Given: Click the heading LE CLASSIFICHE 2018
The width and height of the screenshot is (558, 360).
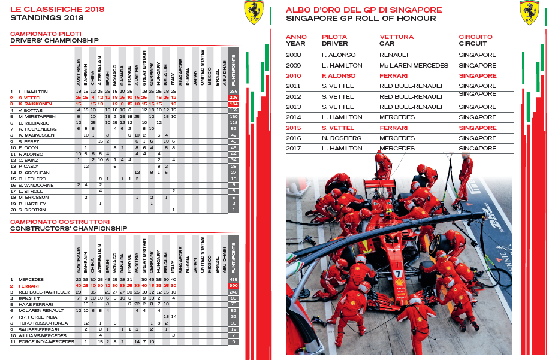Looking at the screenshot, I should click(57, 9).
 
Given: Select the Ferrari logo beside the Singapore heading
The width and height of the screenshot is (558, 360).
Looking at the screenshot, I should click(529, 13).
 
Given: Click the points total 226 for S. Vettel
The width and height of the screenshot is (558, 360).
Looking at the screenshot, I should click(233, 98).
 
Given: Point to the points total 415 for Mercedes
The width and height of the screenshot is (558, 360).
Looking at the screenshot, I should click(233, 280).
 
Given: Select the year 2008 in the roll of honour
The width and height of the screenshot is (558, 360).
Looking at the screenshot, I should click(294, 55).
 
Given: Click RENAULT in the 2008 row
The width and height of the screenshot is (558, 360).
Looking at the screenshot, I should click(394, 55).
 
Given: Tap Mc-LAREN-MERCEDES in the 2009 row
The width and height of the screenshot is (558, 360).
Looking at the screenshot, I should click(414, 65).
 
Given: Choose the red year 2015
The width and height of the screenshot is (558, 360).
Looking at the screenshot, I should click(294, 128).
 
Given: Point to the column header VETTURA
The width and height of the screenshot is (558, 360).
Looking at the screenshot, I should click(396, 37).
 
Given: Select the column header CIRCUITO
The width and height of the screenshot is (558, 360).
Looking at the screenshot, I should click(476, 37).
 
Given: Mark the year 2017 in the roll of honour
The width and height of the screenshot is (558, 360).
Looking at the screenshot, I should click(294, 148).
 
